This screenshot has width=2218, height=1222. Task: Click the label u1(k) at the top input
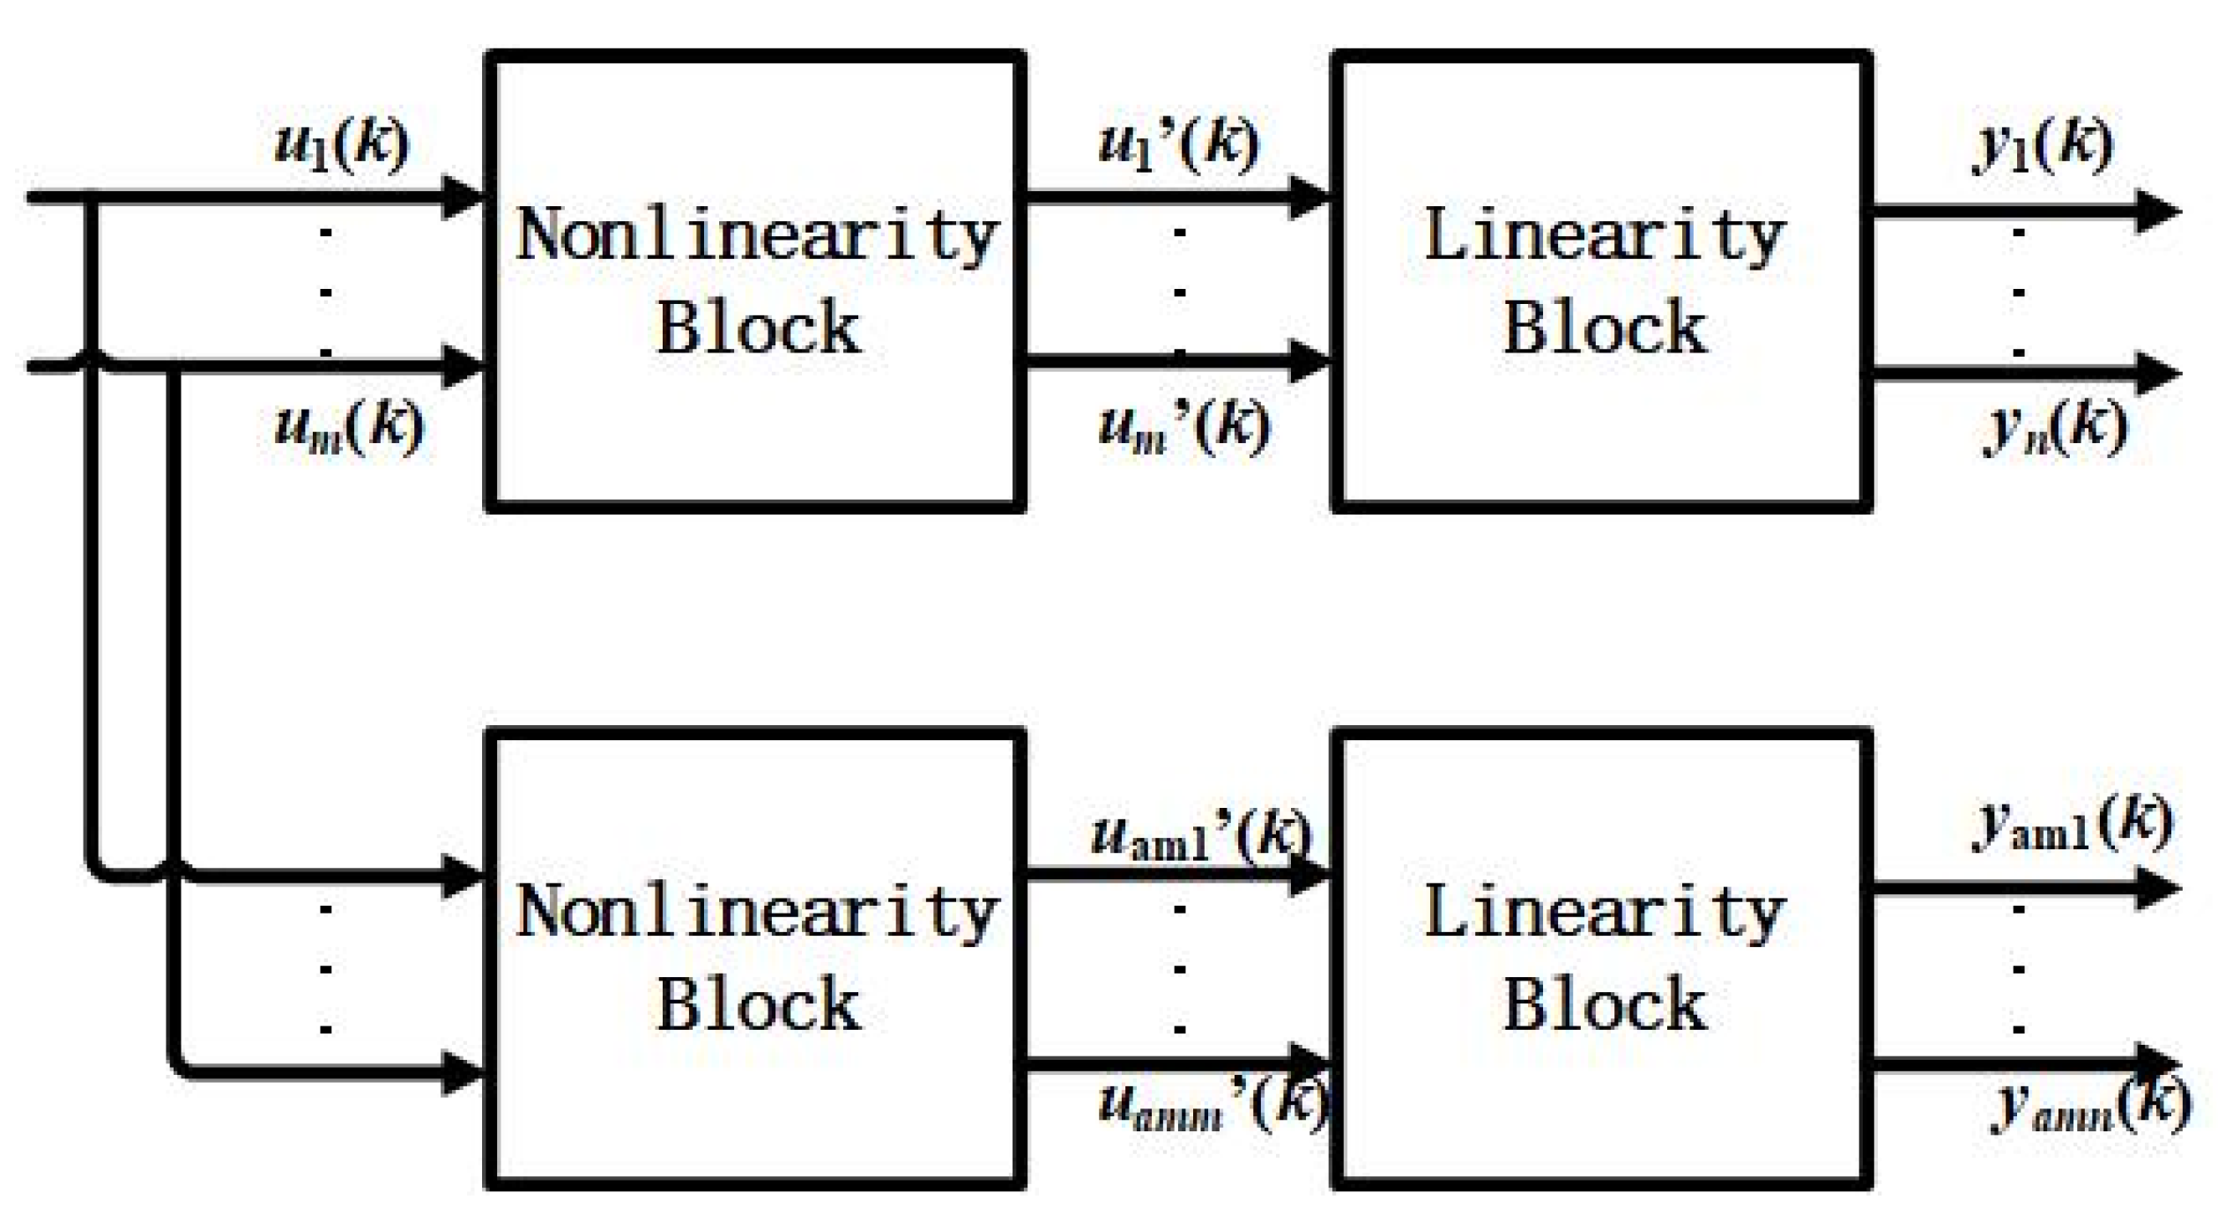pos(342,146)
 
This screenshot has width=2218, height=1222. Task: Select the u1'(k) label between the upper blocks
pos(1179,146)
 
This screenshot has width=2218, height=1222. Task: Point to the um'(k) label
pos(1184,427)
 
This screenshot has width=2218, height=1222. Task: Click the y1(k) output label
pos(2043,146)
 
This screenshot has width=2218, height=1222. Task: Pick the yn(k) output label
pos(2055,427)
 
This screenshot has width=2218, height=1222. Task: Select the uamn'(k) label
pos(1213,1105)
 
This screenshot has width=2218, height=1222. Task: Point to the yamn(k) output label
pos(2090,1105)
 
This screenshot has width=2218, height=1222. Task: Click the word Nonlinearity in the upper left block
pos(756,236)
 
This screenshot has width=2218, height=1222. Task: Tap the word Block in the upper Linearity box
pos(1604,328)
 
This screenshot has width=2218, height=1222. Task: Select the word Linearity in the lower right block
pos(1604,913)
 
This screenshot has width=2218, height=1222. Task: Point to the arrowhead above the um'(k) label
pos(1309,361)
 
